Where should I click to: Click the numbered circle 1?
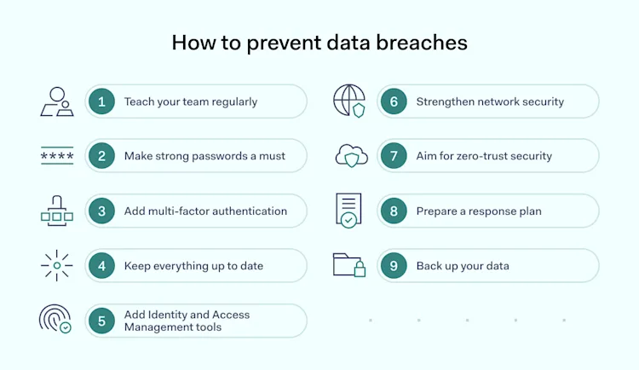(101, 101)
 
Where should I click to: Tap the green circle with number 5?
(101, 321)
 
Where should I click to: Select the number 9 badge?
(394, 266)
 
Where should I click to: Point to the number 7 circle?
(394, 156)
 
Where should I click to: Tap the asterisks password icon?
(57, 156)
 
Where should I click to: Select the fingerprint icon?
(55, 319)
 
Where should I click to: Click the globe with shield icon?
(349, 101)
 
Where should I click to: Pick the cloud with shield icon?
(351, 156)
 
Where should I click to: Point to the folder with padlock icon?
(349, 265)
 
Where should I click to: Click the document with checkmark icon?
(348, 211)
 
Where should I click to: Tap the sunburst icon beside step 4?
(57, 265)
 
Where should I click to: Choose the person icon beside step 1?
(57, 101)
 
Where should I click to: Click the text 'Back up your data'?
(463, 266)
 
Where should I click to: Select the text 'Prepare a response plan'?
(479, 211)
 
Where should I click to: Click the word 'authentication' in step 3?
(245, 211)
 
